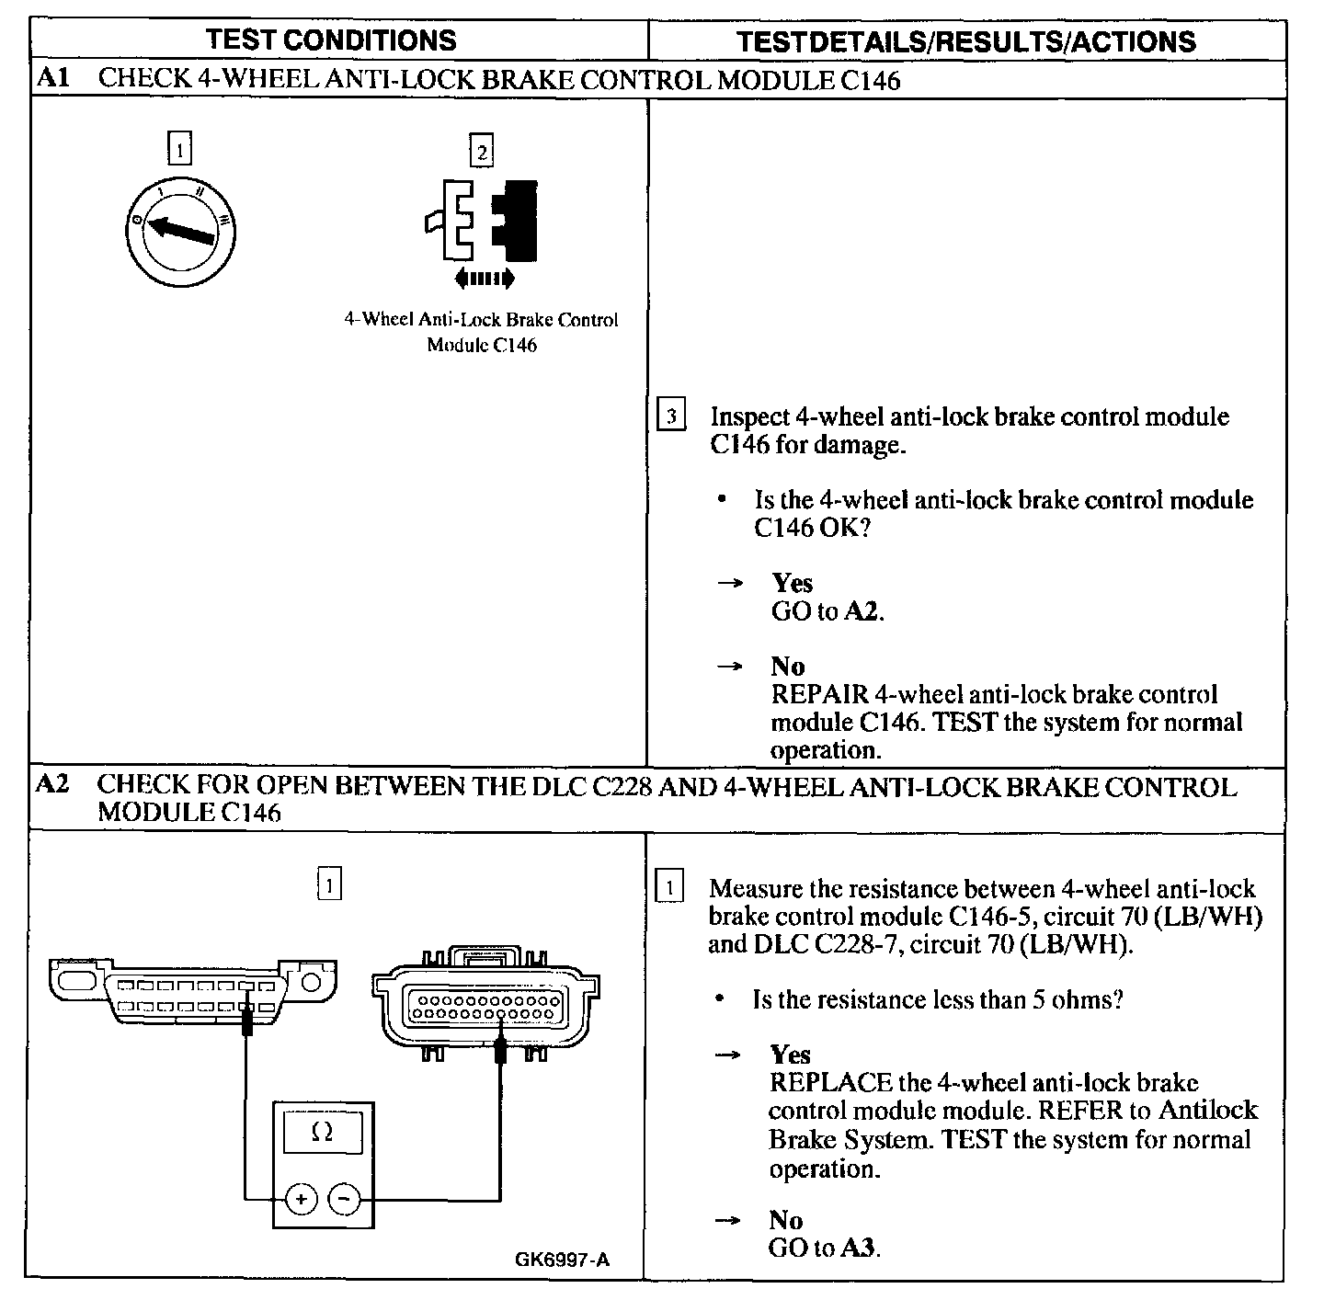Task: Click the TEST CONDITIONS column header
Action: point(331,40)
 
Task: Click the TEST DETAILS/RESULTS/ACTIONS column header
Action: point(966,41)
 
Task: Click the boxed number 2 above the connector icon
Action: point(482,151)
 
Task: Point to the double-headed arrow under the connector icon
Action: point(485,279)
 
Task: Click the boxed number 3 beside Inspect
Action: point(671,416)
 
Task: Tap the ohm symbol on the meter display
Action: point(322,1134)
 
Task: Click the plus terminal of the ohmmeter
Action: point(301,1199)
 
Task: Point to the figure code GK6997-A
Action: point(563,1260)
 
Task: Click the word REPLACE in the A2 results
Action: point(830,1083)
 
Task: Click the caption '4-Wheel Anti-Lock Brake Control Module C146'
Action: point(481,332)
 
